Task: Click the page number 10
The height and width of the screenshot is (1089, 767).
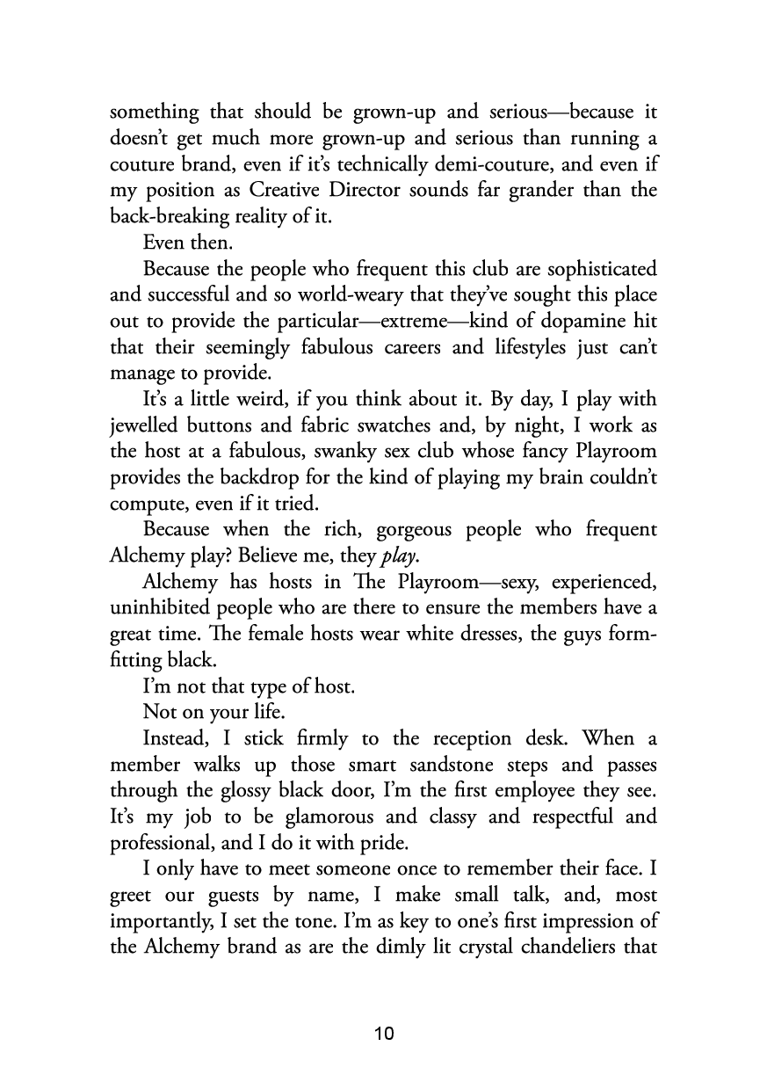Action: coord(383,1033)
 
